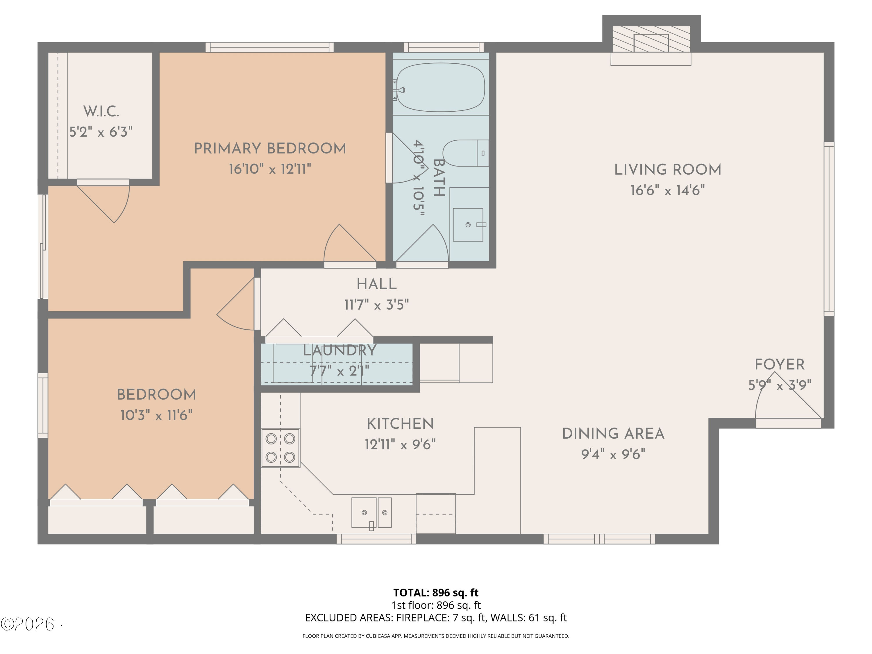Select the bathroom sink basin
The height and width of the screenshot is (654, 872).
point(468,225)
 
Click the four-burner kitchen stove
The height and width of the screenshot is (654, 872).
point(280,448)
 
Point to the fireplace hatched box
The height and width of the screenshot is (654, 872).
point(651,39)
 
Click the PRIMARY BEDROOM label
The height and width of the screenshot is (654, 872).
point(270,149)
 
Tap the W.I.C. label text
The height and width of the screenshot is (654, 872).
point(101,112)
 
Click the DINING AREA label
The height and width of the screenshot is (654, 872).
point(613,434)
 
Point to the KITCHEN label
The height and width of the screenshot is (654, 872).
point(400,424)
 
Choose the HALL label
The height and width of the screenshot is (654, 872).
point(376,284)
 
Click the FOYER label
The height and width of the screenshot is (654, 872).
point(779,364)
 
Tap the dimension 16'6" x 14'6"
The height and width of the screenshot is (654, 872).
point(667,190)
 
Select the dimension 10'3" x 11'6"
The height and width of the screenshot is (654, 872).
point(156,415)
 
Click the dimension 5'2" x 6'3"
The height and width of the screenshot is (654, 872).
point(101,132)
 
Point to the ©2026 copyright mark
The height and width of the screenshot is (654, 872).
point(27,624)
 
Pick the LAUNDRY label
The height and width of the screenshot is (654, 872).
point(339,350)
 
